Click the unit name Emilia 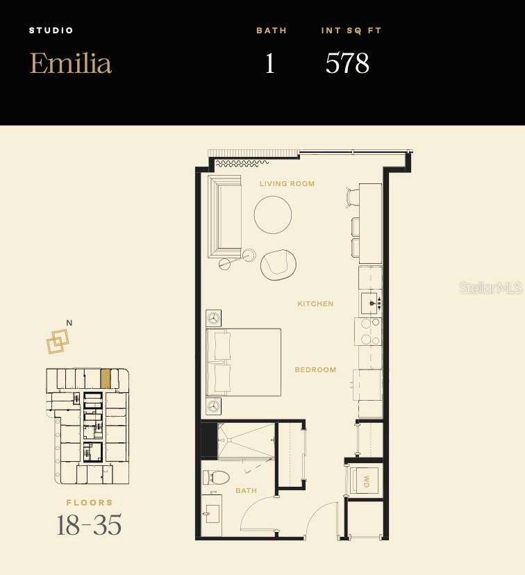coord(70,63)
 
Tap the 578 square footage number coord(347,63)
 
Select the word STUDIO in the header coord(51,31)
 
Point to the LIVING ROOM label coord(287,184)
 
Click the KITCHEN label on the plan coord(315,304)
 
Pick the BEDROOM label coord(315,370)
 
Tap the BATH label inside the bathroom coord(246,491)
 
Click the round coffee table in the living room coord(273,215)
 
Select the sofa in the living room coord(224,216)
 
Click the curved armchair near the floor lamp coord(278,265)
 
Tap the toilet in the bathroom coord(217,478)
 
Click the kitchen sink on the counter coord(369,303)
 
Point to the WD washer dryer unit coord(365,481)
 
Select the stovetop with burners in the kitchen coord(368,332)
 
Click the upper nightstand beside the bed coord(214,318)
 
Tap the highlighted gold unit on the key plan coord(105,378)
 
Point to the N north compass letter coord(69,323)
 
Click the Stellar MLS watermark coord(490,287)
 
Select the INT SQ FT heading coord(351,31)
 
